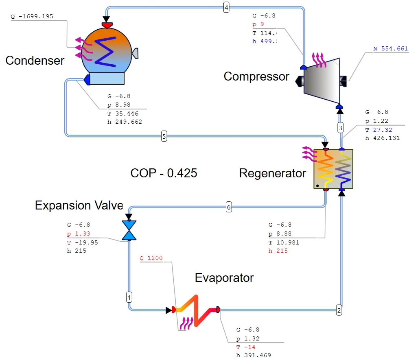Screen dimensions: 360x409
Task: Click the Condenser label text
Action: (x=35, y=61)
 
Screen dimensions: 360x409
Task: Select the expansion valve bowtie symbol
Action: (x=129, y=231)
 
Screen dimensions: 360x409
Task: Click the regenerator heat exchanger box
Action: (x=333, y=169)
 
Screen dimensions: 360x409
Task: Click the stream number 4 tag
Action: (x=226, y=7)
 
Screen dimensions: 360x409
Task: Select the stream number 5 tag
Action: (x=164, y=136)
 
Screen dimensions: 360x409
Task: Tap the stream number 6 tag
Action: (x=229, y=207)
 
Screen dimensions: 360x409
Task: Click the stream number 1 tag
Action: (x=129, y=297)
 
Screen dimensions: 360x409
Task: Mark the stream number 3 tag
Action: (x=341, y=128)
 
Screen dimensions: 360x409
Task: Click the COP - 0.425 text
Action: (x=164, y=173)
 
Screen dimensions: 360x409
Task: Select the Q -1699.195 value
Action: (x=32, y=17)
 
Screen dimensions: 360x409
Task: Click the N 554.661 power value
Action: (x=390, y=49)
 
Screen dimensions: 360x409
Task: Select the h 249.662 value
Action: (x=125, y=122)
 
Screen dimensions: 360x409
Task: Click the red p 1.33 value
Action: (x=79, y=233)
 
